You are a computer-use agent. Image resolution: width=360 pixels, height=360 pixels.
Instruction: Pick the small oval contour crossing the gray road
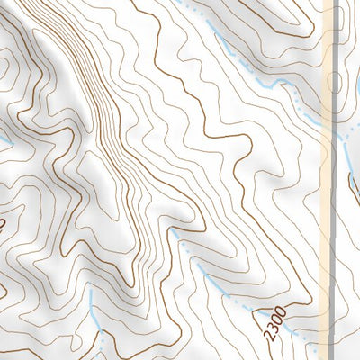pyautogui.click(x=336, y=83)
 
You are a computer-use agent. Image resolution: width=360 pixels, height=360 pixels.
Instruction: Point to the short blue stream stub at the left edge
pyautogui.click(x=4, y=141)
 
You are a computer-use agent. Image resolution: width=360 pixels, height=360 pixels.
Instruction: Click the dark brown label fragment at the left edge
pyautogui.click(x=3, y=221)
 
